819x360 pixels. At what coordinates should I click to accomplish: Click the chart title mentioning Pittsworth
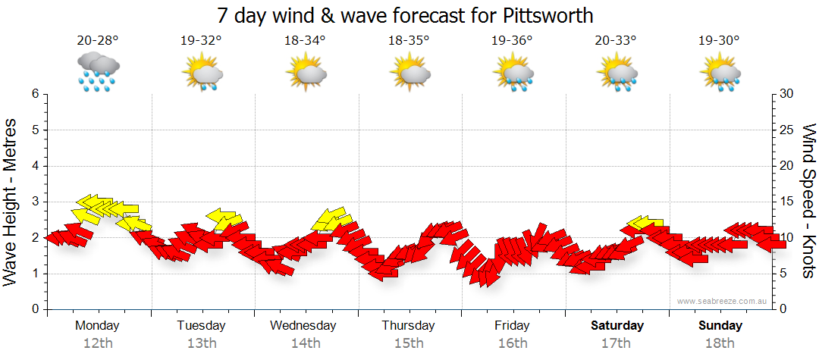(x=405, y=15)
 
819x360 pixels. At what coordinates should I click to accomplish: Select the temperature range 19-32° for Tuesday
(x=202, y=41)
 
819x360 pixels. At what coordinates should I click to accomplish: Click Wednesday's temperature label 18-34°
(x=305, y=41)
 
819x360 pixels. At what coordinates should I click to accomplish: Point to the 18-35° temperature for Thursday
(x=409, y=41)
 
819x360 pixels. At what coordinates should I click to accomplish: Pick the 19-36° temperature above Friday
(x=513, y=41)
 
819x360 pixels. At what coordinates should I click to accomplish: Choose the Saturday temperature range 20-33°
(x=616, y=41)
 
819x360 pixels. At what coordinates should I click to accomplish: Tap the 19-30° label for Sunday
(x=720, y=41)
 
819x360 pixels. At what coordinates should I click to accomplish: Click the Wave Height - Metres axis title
(x=11, y=202)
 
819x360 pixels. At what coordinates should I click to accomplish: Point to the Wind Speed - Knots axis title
(x=808, y=202)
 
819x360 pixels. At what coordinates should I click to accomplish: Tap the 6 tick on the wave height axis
(x=35, y=94)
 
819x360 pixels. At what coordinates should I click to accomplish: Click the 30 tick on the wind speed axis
(x=787, y=94)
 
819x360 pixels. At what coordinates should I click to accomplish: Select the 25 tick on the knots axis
(x=787, y=130)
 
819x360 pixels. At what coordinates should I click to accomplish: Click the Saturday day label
(x=617, y=326)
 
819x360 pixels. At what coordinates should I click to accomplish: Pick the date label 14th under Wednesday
(x=305, y=343)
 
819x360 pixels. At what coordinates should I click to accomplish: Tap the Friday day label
(x=513, y=326)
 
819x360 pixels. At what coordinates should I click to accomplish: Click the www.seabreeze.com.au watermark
(x=723, y=301)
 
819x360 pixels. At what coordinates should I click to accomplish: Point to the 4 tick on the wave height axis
(x=35, y=166)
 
